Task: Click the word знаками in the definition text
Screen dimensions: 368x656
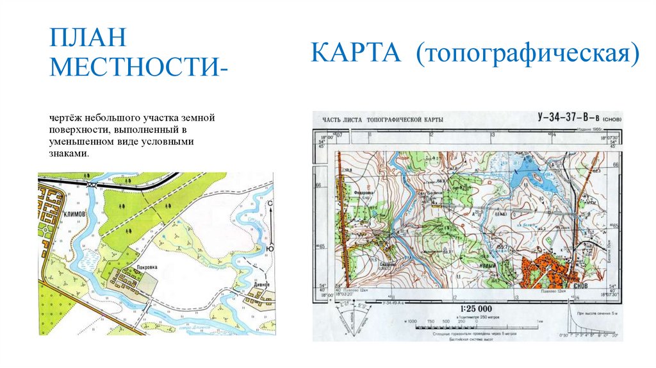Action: pos(70,154)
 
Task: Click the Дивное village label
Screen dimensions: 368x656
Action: pos(259,284)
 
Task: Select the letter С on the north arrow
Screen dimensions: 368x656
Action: pos(270,203)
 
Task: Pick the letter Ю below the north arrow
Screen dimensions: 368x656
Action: pos(270,247)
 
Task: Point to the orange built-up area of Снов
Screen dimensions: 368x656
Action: pos(539,269)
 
